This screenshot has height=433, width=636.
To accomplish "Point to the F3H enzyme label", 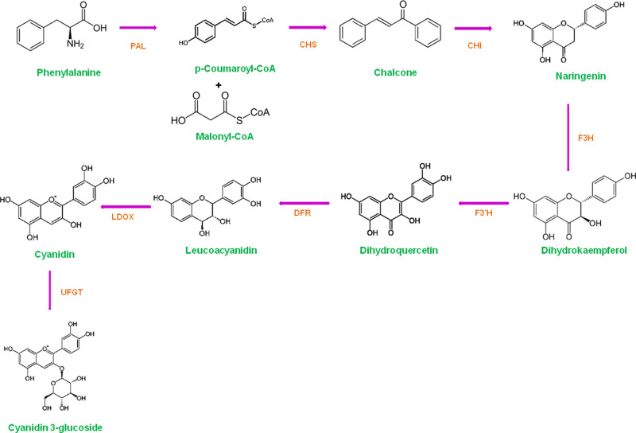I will (x=587, y=138).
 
